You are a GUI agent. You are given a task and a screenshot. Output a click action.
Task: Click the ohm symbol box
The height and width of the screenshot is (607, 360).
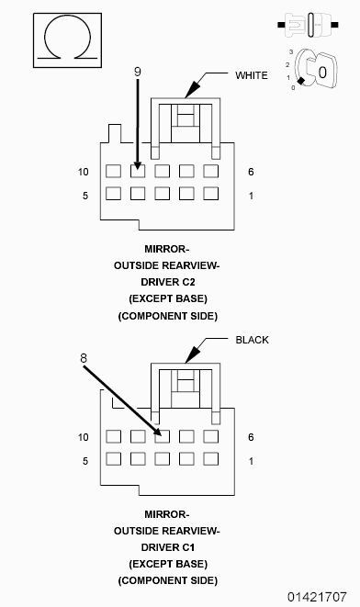67,40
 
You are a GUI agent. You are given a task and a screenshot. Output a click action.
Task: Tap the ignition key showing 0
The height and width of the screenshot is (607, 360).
316,69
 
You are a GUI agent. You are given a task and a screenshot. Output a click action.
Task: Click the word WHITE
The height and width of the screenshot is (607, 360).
252,75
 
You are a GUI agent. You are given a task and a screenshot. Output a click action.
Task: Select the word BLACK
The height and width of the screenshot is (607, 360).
252,340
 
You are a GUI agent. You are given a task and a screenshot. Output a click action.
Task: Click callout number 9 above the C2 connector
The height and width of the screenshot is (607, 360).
138,72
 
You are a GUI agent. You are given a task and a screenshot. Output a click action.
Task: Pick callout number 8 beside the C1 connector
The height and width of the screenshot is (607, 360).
84,358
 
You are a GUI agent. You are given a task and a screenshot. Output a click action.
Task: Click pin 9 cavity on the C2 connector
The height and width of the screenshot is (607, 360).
138,171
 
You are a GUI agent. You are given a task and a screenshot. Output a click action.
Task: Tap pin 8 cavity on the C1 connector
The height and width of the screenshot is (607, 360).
162,436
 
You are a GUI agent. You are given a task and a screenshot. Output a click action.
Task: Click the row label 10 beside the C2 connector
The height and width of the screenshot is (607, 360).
84,172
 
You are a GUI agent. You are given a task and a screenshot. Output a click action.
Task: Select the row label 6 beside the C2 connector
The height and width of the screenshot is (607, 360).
251,172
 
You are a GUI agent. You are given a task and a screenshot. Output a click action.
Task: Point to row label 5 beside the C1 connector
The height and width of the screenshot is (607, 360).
85,461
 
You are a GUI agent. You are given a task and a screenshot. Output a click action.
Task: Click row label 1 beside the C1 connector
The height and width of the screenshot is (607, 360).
251,461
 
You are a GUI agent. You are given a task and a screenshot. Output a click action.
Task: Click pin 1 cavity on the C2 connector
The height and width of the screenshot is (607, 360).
210,194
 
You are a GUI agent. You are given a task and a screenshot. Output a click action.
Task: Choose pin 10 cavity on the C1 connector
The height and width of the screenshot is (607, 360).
113,436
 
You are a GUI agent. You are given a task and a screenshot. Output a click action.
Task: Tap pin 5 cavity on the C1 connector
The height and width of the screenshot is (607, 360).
113,459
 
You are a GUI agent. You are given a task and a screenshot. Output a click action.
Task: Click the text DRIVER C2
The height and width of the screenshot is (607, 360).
168,282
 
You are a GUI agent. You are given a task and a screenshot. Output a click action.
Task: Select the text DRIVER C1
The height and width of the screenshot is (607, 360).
168,547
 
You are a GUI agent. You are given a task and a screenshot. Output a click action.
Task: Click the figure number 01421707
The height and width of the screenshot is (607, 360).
317,597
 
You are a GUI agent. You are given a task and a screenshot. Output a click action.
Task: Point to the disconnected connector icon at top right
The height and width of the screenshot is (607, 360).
309,25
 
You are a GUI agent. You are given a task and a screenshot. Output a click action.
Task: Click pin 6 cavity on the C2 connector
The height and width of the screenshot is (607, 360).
210,171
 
